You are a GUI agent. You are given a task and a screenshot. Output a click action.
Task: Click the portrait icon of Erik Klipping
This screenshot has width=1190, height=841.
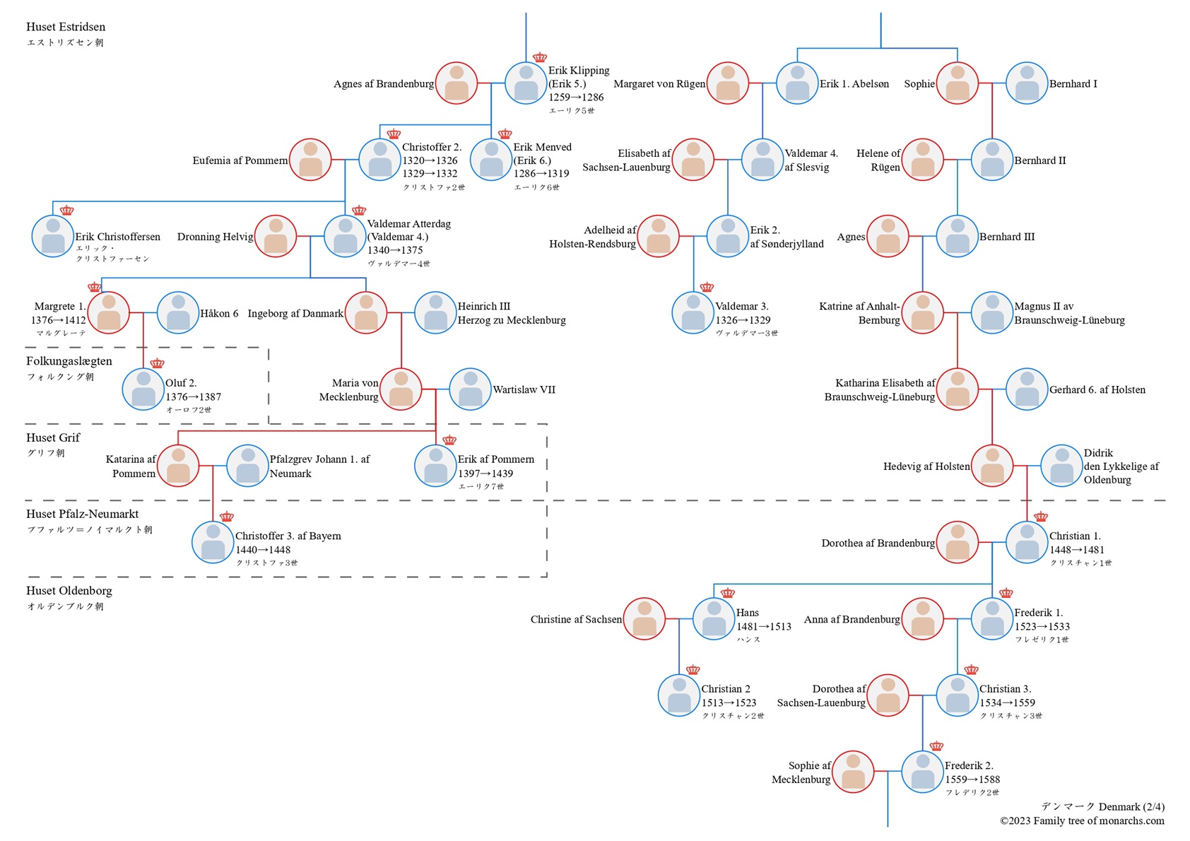[526, 83]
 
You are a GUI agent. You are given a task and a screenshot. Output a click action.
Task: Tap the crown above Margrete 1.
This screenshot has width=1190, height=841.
[95, 287]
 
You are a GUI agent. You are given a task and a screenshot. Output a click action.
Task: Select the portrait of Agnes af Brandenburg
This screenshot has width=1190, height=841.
[456, 83]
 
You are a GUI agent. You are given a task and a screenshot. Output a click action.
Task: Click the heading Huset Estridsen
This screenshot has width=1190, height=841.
[66, 27]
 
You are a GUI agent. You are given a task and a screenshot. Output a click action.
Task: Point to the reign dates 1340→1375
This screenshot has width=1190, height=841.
[395, 250]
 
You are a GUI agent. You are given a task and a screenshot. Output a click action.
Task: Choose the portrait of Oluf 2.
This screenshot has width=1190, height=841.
[143, 389]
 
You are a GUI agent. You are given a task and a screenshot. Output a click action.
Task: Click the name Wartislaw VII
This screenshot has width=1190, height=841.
[524, 389]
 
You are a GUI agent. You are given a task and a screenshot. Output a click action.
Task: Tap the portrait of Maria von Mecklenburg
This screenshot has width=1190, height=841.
[401, 389]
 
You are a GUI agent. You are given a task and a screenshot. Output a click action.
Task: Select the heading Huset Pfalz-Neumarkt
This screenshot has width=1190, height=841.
[82, 514]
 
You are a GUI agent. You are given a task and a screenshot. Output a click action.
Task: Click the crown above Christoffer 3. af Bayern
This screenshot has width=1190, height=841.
[227, 517]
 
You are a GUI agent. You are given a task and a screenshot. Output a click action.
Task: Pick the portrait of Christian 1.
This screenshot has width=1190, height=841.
[1027, 543]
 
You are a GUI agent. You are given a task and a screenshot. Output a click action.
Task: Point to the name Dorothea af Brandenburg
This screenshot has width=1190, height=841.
[878, 543]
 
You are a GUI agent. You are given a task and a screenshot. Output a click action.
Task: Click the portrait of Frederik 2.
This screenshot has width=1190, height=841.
[922, 772]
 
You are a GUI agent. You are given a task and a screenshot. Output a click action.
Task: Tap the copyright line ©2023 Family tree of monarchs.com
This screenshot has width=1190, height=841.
[1082, 821]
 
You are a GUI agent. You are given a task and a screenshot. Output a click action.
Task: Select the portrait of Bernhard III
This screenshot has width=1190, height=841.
[958, 236]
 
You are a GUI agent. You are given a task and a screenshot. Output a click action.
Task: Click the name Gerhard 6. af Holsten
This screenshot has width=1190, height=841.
[1097, 389]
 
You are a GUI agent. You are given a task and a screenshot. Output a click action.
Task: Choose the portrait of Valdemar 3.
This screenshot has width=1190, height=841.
[693, 312]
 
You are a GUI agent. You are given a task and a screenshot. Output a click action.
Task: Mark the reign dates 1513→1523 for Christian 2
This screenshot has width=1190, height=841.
[729, 702]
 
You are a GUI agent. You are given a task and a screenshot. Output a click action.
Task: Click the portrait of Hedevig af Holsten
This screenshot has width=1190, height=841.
[992, 466]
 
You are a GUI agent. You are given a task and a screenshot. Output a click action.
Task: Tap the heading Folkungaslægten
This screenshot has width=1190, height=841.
[69, 361]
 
